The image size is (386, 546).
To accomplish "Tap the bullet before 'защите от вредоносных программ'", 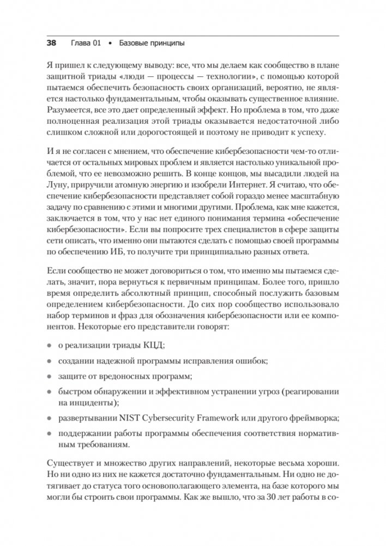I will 49,377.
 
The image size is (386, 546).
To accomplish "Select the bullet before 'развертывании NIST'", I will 49,419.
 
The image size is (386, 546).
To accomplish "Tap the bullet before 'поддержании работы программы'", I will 49,434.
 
